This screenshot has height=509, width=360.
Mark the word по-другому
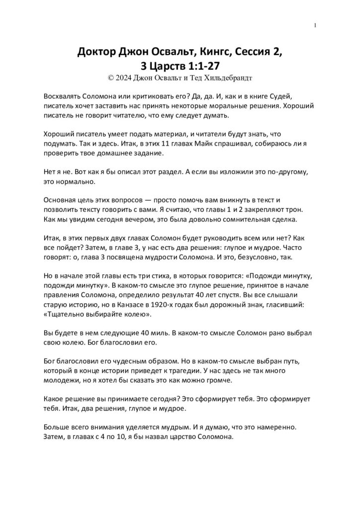click(x=290, y=171)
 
